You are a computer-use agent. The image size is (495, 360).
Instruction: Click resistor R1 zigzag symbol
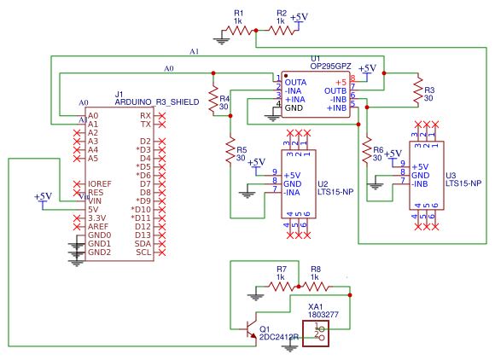242,30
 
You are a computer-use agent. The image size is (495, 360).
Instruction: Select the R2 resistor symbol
282,30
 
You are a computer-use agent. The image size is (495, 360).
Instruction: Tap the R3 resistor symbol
417,90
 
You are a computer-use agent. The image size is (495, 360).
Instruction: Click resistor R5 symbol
230,150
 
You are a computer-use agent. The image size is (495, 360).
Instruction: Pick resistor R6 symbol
367,150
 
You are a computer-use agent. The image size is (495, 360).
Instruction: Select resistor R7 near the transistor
282,286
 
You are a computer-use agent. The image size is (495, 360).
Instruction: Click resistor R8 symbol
316,286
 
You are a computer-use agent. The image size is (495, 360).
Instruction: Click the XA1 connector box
322,334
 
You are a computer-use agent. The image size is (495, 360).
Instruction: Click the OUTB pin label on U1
335,90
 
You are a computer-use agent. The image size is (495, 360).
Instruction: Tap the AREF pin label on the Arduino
99,226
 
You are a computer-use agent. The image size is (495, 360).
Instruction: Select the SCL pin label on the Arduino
144,252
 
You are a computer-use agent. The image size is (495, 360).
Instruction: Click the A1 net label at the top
194,51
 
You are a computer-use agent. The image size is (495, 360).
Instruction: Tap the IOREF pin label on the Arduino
100,183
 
